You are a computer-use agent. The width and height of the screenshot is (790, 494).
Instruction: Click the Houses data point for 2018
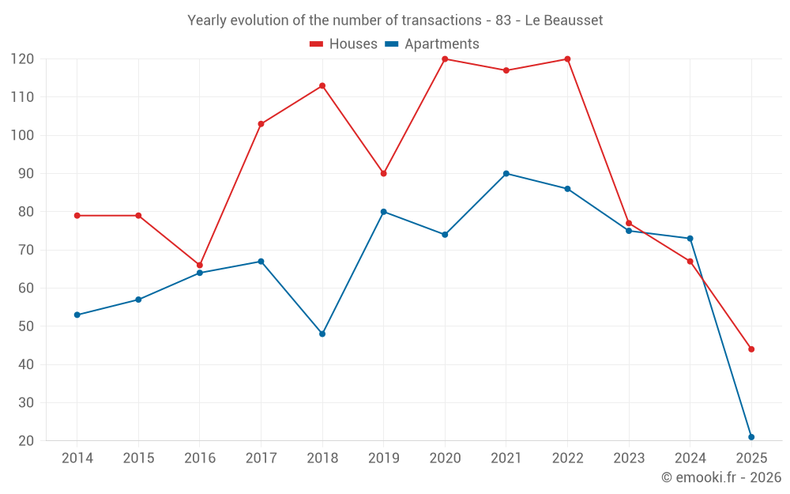point(322,85)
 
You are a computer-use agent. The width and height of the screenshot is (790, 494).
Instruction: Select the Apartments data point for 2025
point(751,437)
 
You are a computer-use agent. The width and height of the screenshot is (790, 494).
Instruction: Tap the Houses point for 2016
point(200,266)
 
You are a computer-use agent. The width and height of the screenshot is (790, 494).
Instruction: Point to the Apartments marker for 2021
point(506,174)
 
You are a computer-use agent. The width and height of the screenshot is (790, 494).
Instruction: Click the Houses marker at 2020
point(445,59)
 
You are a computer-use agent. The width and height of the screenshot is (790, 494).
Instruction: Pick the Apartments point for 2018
point(322,334)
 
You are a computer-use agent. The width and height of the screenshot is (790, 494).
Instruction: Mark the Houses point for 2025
point(751,349)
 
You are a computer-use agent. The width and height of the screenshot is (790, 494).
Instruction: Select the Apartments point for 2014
point(77,315)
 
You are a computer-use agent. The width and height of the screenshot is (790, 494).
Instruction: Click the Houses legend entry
point(344,44)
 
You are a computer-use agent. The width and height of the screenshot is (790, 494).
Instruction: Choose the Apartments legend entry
point(432,44)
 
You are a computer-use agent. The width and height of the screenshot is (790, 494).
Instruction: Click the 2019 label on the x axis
point(384,458)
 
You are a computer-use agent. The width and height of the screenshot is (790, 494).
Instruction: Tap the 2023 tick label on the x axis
point(629,458)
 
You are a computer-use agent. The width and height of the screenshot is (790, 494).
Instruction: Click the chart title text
point(395,21)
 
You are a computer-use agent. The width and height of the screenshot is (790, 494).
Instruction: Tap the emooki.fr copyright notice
point(720,477)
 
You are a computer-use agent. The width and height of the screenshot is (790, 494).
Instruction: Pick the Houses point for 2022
point(567,59)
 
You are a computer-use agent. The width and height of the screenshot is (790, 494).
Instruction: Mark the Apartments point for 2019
point(384,212)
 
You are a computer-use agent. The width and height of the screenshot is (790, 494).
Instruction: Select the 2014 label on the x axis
point(77,458)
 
